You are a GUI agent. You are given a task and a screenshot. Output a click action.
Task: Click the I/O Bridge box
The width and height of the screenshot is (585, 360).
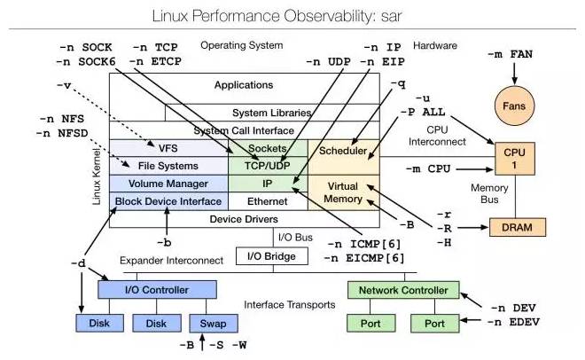pyautogui.click(x=272, y=256)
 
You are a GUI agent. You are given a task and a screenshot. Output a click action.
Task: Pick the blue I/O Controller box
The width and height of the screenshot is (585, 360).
pyautogui.click(x=157, y=289)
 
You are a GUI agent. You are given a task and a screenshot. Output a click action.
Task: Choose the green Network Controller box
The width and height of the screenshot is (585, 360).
pyautogui.click(x=404, y=289)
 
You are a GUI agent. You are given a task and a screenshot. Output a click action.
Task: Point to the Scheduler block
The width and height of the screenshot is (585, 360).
pyautogui.click(x=343, y=150)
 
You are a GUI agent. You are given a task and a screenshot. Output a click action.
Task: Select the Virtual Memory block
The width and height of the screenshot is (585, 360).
pyautogui.click(x=343, y=192)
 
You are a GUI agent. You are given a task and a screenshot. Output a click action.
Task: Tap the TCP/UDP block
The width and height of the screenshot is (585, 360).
pyautogui.click(x=267, y=165)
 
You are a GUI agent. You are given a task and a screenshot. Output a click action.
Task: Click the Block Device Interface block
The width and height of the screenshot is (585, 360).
pyautogui.click(x=168, y=201)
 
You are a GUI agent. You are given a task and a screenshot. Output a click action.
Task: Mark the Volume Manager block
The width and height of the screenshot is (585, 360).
pyautogui.click(x=168, y=184)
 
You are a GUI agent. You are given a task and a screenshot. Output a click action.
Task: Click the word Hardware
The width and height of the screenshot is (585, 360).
pyautogui.click(x=436, y=45)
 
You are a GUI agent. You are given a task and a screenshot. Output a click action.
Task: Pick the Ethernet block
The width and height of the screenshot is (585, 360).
pyautogui.click(x=267, y=201)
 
